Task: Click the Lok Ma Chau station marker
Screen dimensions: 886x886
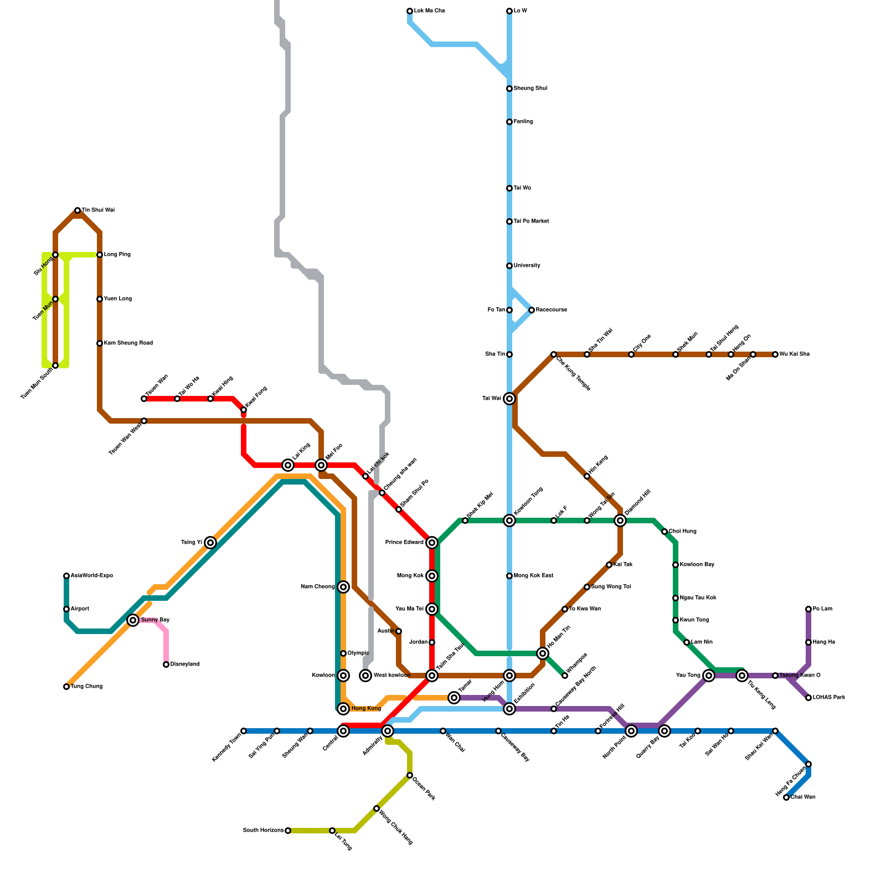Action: point(410,11)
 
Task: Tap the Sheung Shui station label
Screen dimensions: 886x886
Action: point(530,89)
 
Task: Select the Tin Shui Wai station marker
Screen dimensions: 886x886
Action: point(78,210)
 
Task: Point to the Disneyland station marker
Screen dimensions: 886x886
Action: point(166,664)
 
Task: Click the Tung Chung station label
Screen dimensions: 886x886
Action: point(86,687)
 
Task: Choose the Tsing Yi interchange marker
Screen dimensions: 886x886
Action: point(210,543)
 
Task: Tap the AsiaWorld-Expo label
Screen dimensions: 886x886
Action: point(92,576)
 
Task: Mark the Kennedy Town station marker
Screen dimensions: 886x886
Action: point(244,731)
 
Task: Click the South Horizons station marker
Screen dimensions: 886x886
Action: point(288,831)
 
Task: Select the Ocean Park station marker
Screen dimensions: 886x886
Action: point(410,775)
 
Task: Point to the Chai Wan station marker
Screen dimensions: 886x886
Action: point(786,797)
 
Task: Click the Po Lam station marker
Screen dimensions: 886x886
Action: point(808,609)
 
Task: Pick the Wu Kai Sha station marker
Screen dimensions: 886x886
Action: point(775,354)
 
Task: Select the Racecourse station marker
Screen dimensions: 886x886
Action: point(532,310)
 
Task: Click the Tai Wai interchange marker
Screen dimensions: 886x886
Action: point(509,399)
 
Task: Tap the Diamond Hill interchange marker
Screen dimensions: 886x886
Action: point(620,521)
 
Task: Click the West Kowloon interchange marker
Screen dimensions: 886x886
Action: point(365,676)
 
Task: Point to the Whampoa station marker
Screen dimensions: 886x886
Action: point(565,676)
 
